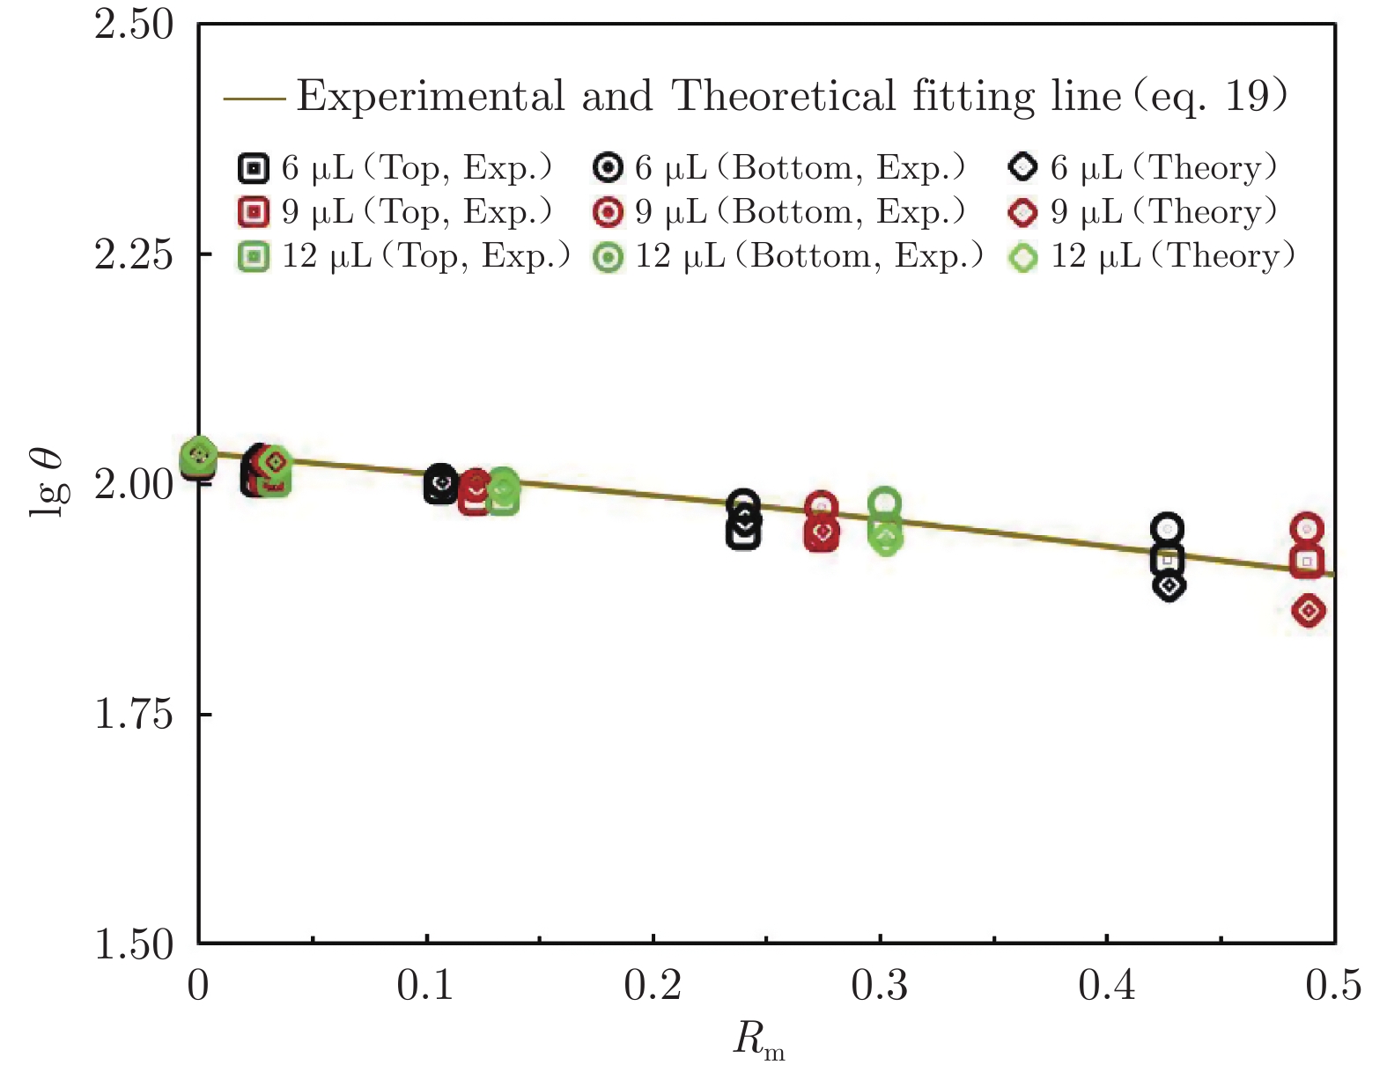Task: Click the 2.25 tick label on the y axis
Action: pos(134,254)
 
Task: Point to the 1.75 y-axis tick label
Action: pos(134,714)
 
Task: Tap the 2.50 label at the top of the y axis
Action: pos(134,25)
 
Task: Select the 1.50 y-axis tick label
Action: pos(134,944)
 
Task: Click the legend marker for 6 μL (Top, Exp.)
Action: pos(254,167)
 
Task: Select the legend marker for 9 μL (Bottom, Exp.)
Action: pos(609,212)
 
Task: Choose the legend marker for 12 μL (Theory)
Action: pos(1023,257)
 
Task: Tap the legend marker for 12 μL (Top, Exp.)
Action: pos(254,257)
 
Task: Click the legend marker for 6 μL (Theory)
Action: pos(1023,167)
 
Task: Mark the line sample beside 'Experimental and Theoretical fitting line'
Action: pos(255,98)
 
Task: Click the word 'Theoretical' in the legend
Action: pos(784,96)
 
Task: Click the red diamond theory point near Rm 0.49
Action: pos(1309,611)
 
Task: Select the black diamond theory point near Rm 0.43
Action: pos(1169,585)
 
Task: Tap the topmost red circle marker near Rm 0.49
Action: pos(1308,529)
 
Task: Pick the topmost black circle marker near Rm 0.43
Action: pos(1168,529)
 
